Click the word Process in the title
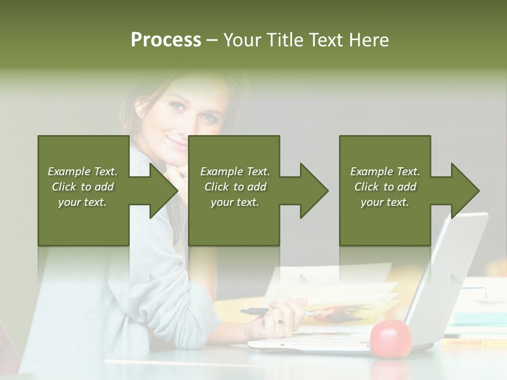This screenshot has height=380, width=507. coord(166,40)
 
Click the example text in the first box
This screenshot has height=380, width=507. coord(82,187)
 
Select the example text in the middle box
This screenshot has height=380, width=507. coord(234,187)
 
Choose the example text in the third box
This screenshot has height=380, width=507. coord(385,187)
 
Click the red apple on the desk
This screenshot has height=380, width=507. coord(391,339)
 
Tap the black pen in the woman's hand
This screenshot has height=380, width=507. coord(256,311)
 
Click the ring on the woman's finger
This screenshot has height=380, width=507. coord(279,321)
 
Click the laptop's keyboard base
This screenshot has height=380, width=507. coord(312,345)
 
